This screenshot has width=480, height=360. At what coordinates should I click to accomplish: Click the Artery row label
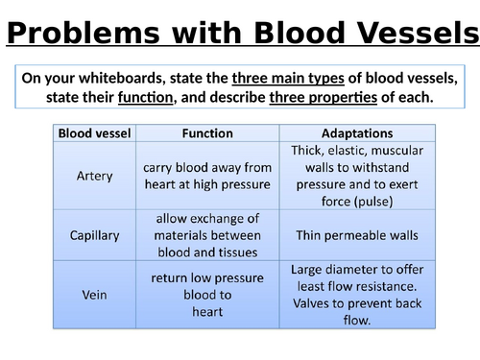pyautogui.click(x=95, y=176)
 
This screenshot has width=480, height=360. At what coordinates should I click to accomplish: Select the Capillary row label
pyautogui.click(x=95, y=235)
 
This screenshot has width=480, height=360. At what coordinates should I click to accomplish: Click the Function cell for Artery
pyautogui.click(x=206, y=176)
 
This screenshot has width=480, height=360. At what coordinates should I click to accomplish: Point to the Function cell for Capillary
pyautogui.click(x=206, y=235)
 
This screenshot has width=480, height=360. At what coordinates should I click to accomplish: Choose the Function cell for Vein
pyautogui.click(x=206, y=295)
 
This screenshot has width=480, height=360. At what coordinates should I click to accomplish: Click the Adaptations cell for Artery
pyautogui.click(x=355, y=176)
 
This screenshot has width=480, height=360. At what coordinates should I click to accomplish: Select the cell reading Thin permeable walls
pyautogui.click(x=355, y=235)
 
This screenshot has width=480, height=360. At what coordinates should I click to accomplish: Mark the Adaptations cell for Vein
pyautogui.click(x=355, y=295)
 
